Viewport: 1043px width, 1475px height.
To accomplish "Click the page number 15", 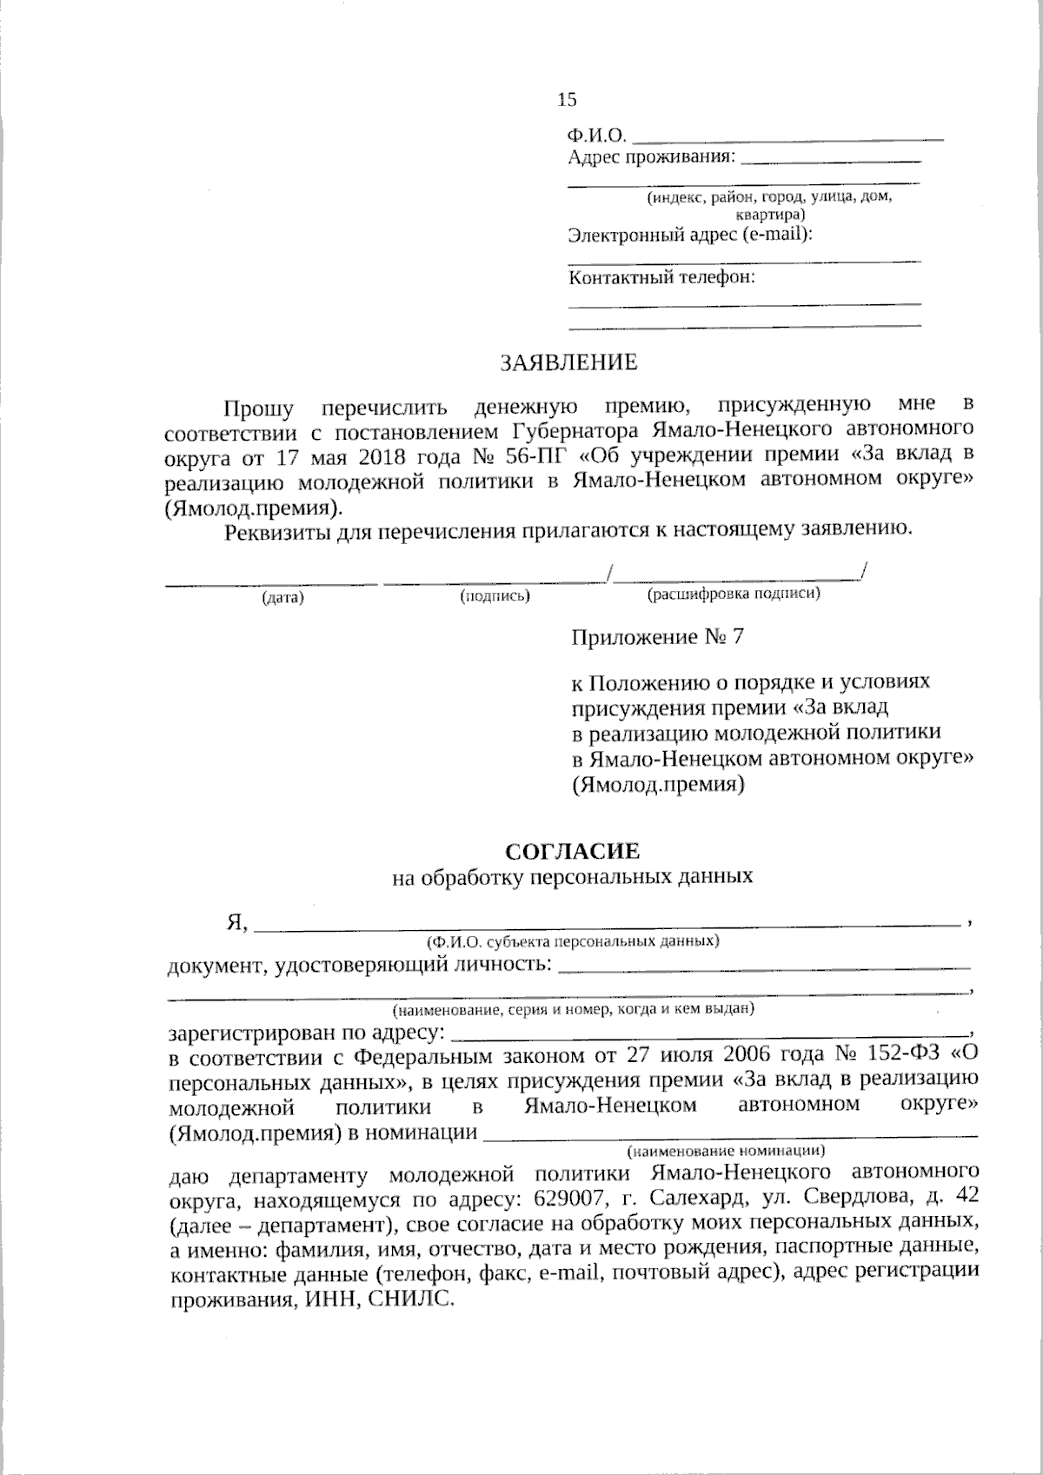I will coord(567,100).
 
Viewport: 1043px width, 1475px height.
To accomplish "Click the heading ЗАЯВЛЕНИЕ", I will coord(568,362).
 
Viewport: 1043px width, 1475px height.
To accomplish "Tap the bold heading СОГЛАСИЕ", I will coord(572,850).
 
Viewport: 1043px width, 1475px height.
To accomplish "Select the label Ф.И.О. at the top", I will coord(596,136).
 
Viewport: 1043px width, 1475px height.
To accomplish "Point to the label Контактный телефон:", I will coord(661,278).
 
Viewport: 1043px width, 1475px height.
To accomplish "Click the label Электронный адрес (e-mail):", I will coord(690,235).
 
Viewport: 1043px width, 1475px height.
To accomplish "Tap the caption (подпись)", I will coord(495,596).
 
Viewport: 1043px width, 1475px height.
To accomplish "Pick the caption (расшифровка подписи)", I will coord(733,595).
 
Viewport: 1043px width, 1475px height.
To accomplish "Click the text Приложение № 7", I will coord(657,637).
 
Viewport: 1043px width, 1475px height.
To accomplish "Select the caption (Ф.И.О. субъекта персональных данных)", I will coord(571,941).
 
